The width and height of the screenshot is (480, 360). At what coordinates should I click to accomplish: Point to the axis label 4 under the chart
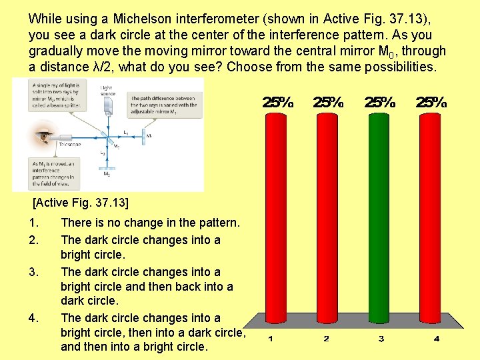coord(436,339)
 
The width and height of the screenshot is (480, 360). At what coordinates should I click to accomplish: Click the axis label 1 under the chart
coord(271,339)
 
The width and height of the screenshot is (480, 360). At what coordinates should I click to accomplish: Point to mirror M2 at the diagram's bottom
coord(107,169)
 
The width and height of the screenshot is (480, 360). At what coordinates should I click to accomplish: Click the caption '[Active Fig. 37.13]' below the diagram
coord(80,201)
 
